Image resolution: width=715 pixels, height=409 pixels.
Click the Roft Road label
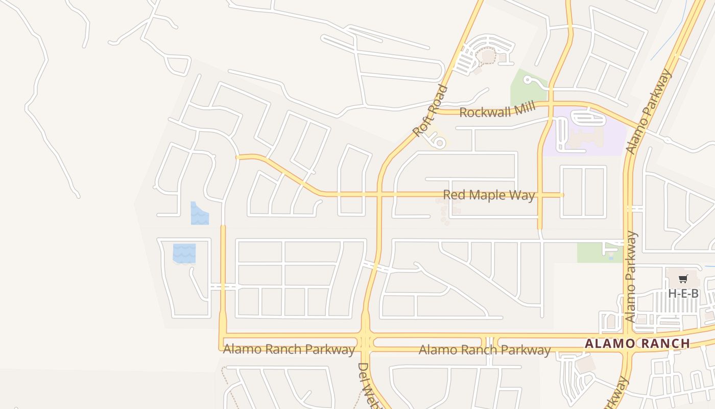[430, 111]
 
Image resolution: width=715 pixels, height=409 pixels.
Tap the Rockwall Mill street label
[497, 110]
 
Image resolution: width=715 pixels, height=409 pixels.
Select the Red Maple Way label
[489, 195]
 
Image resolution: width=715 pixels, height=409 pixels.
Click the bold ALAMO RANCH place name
[637, 344]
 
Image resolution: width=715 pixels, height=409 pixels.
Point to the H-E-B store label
[683, 293]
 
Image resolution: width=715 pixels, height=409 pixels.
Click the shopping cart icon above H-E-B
[683, 279]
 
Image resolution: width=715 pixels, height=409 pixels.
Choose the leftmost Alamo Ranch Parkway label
[289, 350]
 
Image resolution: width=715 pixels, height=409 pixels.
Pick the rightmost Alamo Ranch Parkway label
[485, 350]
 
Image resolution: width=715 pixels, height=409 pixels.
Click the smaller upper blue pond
[199, 214]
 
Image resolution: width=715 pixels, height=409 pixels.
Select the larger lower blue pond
[184, 253]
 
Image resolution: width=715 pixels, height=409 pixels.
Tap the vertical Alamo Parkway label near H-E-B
[631, 277]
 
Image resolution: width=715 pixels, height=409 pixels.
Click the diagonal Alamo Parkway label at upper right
[649, 111]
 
